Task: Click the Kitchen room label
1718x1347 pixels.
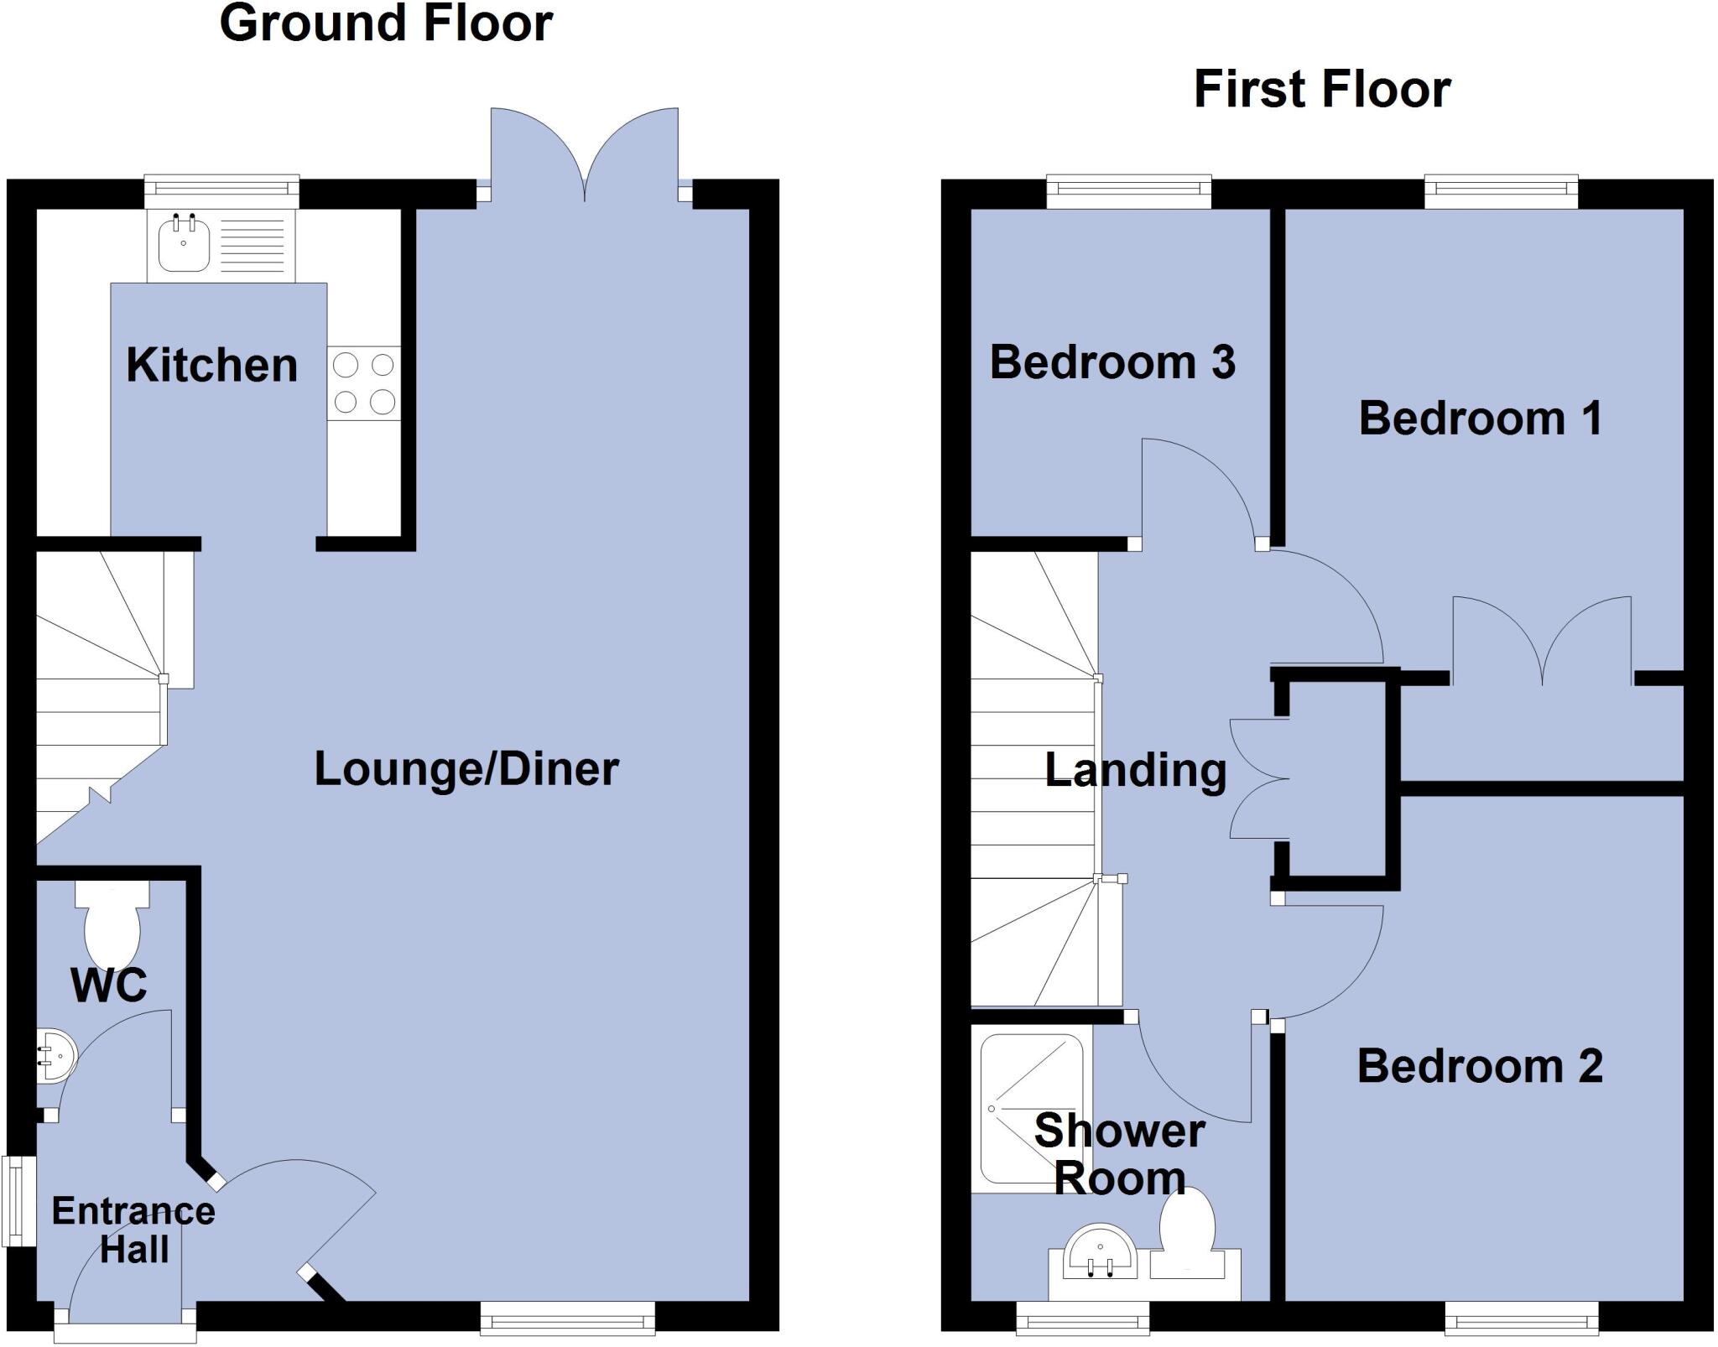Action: coord(211,366)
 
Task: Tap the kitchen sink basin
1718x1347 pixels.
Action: coord(183,243)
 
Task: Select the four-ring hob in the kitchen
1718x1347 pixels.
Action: coord(364,383)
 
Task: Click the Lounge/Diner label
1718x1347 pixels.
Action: coord(466,769)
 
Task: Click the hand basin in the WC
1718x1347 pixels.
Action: coord(57,1058)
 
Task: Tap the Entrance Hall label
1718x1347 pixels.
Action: coord(133,1230)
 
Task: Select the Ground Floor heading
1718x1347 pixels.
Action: coord(386,23)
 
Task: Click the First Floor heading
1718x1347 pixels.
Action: coord(1322,90)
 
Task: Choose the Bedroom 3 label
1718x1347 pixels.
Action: coord(1112,362)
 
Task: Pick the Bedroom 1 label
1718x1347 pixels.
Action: coord(1481,418)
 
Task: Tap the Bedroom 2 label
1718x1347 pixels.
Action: coord(1480,1066)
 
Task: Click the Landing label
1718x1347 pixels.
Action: coord(1136,770)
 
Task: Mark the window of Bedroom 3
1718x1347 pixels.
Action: coord(1129,192)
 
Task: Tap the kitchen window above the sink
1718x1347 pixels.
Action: coord(221,191)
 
